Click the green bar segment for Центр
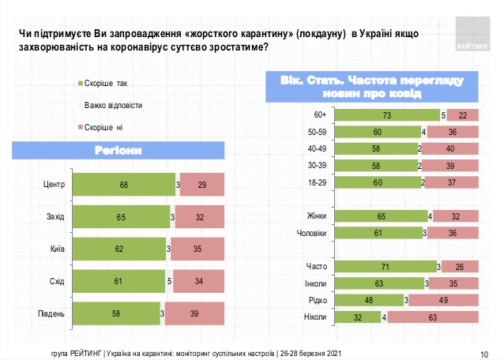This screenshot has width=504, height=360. tap(123, 184)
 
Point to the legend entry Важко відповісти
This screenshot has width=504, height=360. tap(113, 104)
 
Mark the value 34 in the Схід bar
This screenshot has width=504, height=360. tap(199, 281)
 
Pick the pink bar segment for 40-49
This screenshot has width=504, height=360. tap(450, 148)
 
